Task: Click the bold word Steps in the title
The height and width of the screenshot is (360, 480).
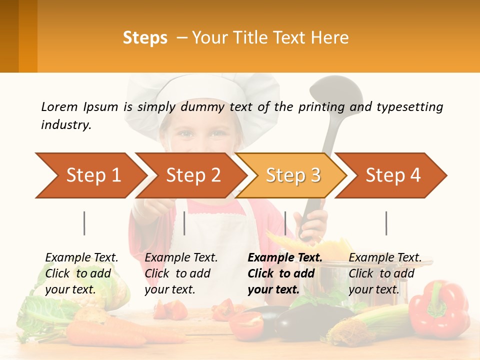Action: click(145, 38)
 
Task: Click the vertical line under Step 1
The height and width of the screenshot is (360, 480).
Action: click(84, 223)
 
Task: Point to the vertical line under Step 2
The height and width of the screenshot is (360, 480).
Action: click(184, 223)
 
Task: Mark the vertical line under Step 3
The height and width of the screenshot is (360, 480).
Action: click(285, 223)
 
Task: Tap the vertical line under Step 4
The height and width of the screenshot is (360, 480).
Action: click(386, 223)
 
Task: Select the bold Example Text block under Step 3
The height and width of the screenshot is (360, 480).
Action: click(284, 273)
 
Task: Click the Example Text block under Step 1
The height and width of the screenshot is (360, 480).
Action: click(81, 273)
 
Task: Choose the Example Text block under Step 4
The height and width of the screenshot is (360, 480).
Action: click(384, 273)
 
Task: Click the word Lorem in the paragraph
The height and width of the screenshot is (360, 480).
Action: click(59, 106)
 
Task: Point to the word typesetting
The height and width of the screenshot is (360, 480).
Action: click(409, 106)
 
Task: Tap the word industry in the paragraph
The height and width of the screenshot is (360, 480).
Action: click(65, 125)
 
